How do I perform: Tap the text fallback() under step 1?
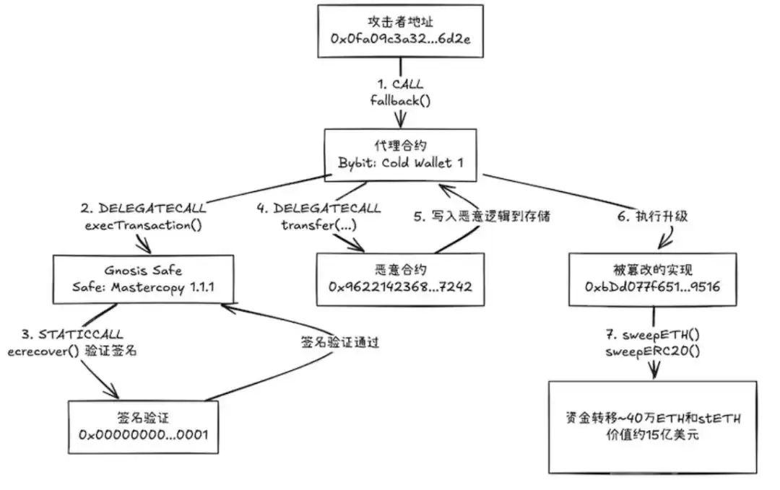pyautogui.click(x=400, y=101)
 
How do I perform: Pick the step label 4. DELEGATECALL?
pyautogui.click(x=319, y=209)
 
